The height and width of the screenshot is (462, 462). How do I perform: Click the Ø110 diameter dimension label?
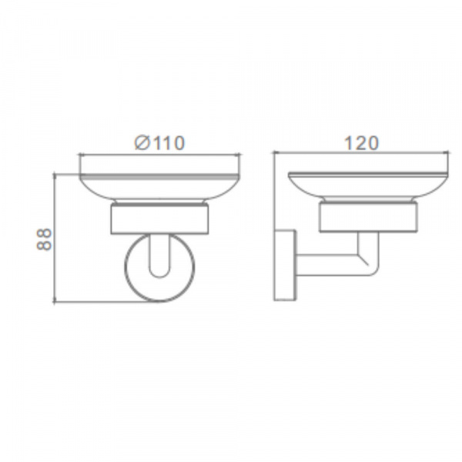pyautogui.click(x=159, y=143)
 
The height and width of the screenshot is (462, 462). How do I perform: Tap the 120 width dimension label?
pyautogui.click(x=361, y=143)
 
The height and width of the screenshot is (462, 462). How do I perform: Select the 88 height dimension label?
pyautogui.click(x=44, y=239)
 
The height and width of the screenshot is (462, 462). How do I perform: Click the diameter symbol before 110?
pyautogui.click(x=142, y=143)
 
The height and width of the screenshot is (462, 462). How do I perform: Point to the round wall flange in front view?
pyautogui.click(x=126, y=266)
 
